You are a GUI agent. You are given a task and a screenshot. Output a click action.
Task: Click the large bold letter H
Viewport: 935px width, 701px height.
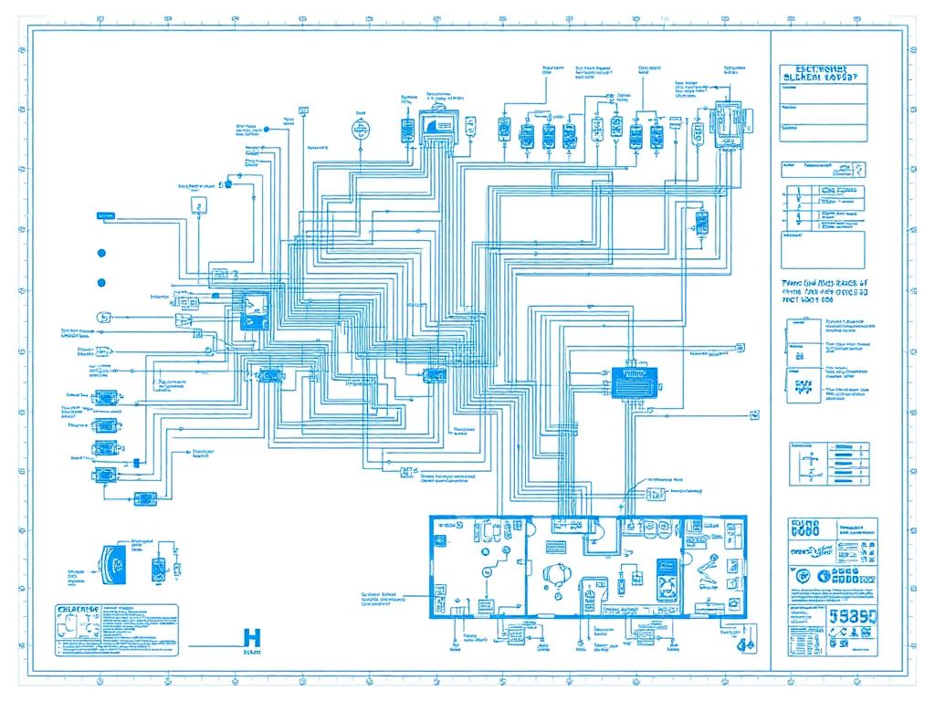tap(253, 638)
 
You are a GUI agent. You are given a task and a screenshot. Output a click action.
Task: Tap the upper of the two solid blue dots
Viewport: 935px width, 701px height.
tap(101, 253)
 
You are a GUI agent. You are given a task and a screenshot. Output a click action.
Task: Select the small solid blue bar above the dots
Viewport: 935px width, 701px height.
tap(107, 215)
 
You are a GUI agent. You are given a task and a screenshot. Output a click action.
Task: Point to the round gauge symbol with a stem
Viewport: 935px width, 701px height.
tap(360, 128)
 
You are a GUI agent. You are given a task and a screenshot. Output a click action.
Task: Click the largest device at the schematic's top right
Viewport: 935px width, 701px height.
tap(728, 123)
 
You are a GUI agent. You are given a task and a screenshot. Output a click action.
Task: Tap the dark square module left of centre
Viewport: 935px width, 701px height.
tap(253, 310)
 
